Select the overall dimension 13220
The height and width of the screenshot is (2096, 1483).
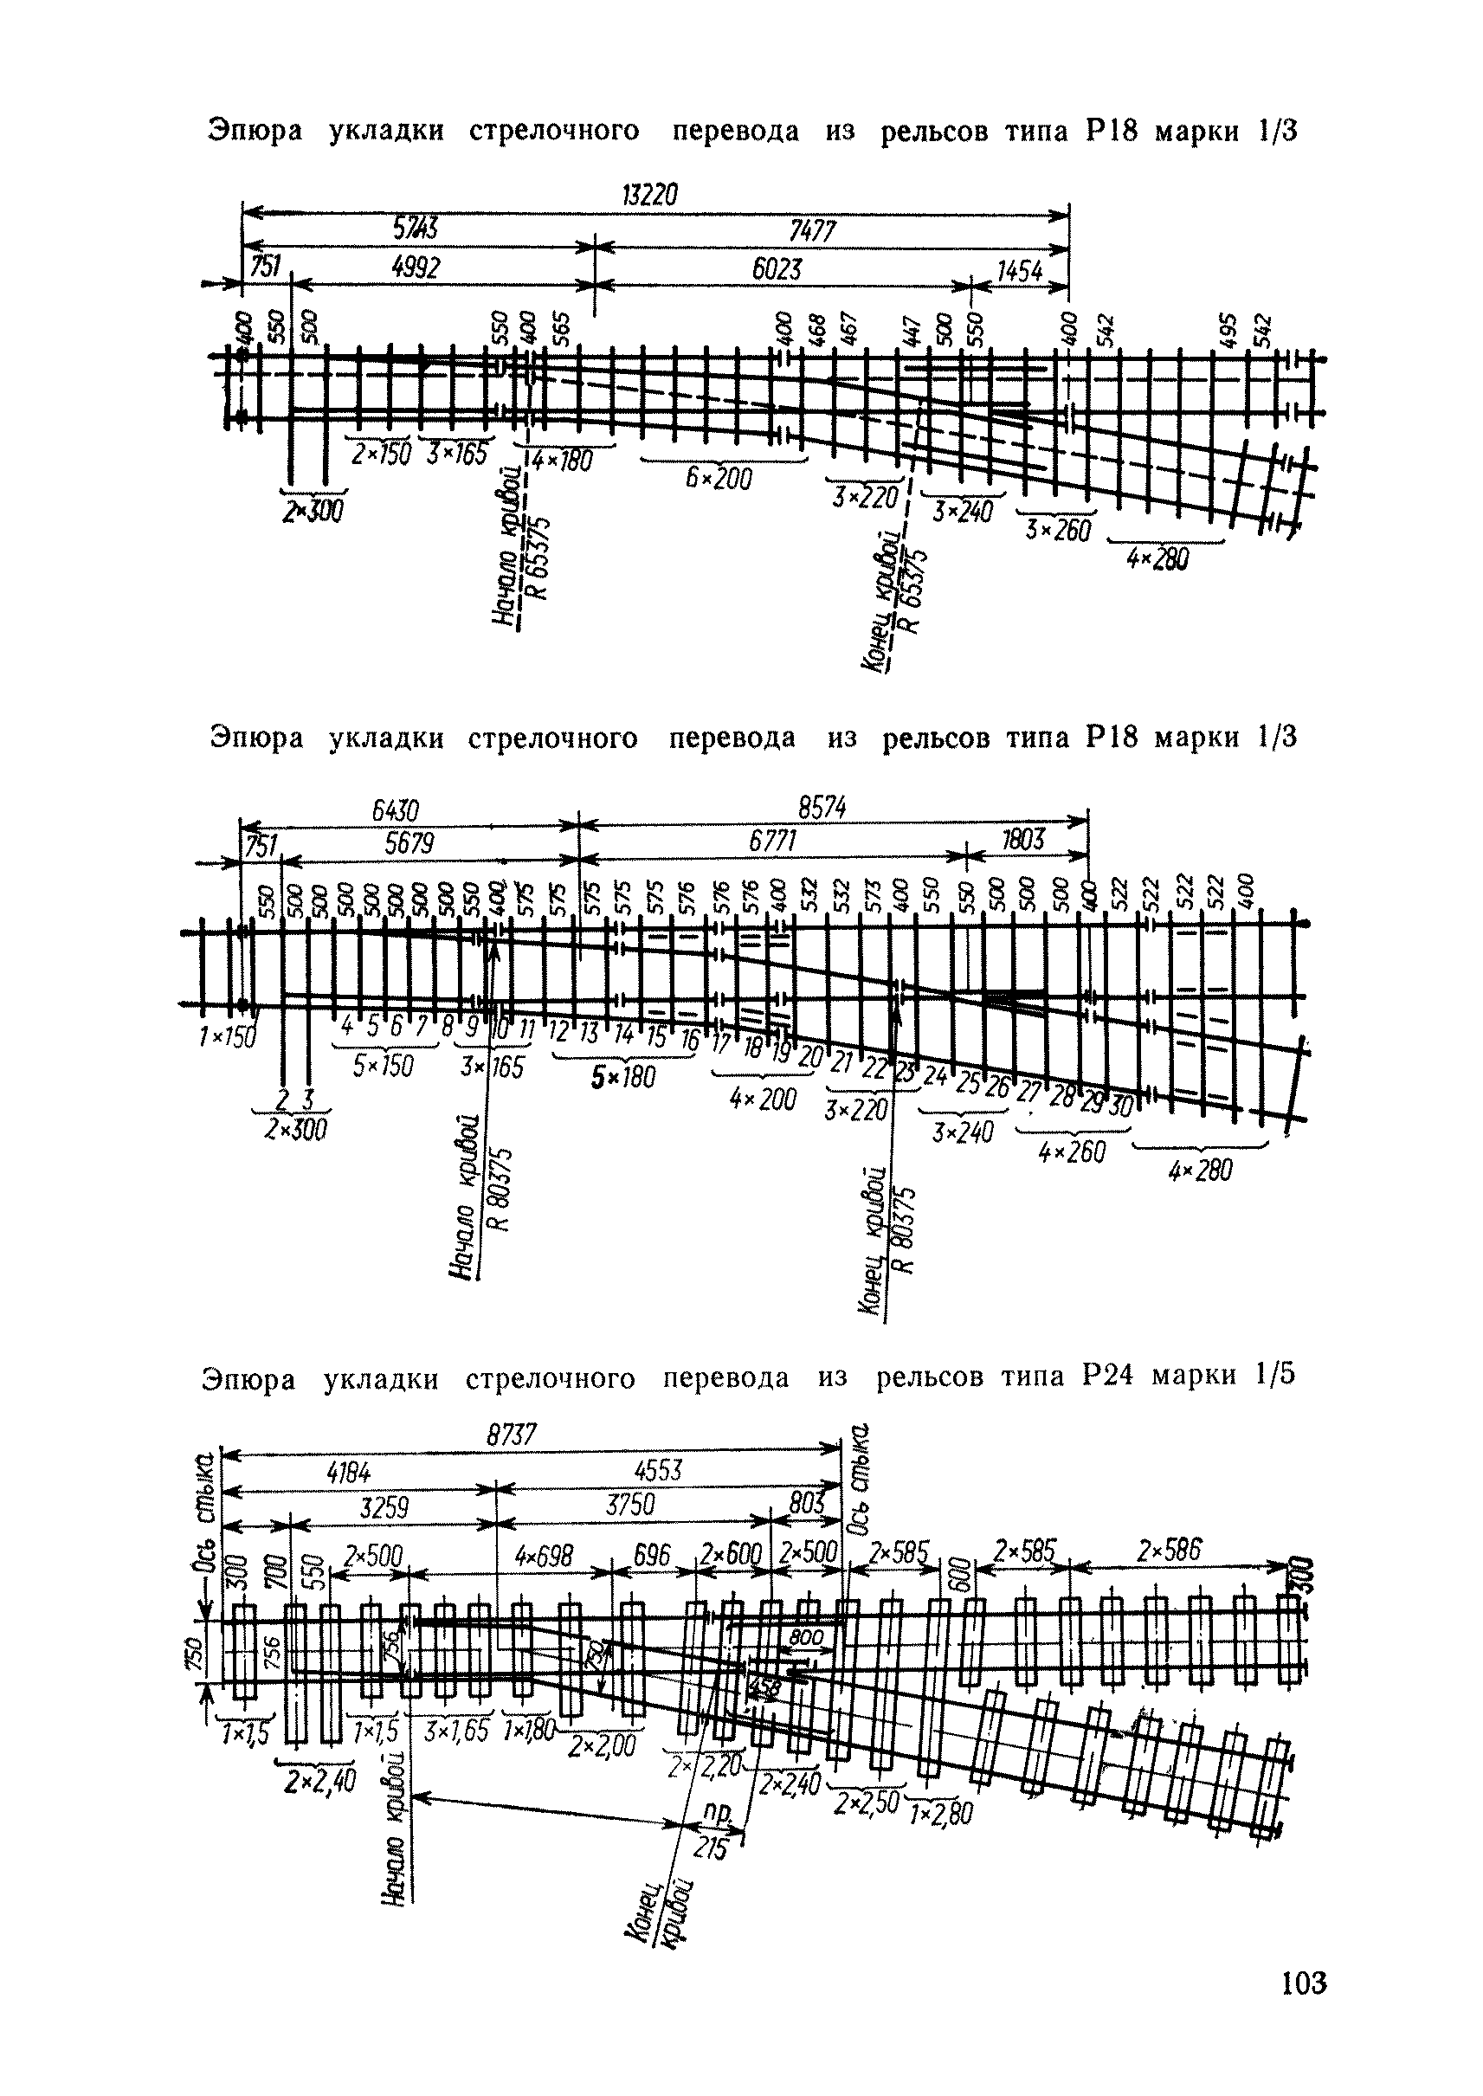click(650, 197)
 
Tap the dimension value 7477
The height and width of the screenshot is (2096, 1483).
click(812, 232)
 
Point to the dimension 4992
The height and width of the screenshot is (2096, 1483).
click(416, 268)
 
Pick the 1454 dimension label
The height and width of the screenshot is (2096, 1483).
click(1019, 270)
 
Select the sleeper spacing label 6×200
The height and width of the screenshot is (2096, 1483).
click(720, 477)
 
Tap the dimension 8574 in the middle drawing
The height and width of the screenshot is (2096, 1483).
click(822, 808)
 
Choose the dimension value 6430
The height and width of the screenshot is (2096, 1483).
click(395, 810)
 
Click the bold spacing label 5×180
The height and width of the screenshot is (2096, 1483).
click(622, 1078)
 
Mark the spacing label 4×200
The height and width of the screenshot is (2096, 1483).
click(764, 1099)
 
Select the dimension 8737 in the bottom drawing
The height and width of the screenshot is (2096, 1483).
click(512, 1435)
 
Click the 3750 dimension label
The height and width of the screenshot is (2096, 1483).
click(630, 1505)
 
